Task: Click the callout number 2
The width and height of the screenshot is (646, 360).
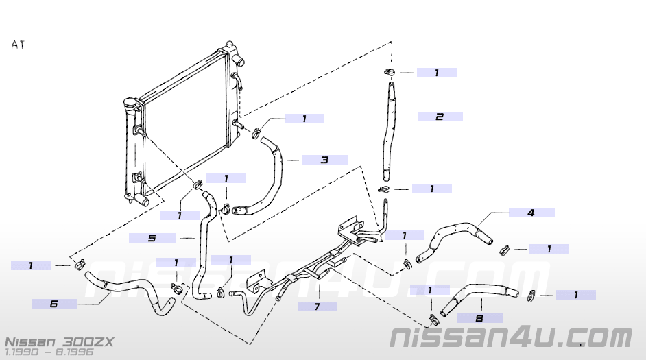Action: click(x=440, y=117)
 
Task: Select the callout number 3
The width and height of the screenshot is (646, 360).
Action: click(x=324, y=160)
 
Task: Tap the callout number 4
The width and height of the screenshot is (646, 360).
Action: click(x=531, y=213)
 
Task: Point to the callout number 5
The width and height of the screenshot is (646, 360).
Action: click(x=152, y=238)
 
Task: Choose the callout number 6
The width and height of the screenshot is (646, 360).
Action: click(x=54, y=303)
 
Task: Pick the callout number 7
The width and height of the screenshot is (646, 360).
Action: click(x=317, y=307)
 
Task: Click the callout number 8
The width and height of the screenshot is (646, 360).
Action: click(x=479, y=318)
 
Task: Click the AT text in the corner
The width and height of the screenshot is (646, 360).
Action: click(x=19, y=45)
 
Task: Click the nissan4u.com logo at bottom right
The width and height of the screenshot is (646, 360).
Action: click(x=510, y=338)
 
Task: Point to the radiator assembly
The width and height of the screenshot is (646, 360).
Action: click(x=182, y=123)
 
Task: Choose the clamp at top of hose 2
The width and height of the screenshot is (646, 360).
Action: click(x=389, y=73)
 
